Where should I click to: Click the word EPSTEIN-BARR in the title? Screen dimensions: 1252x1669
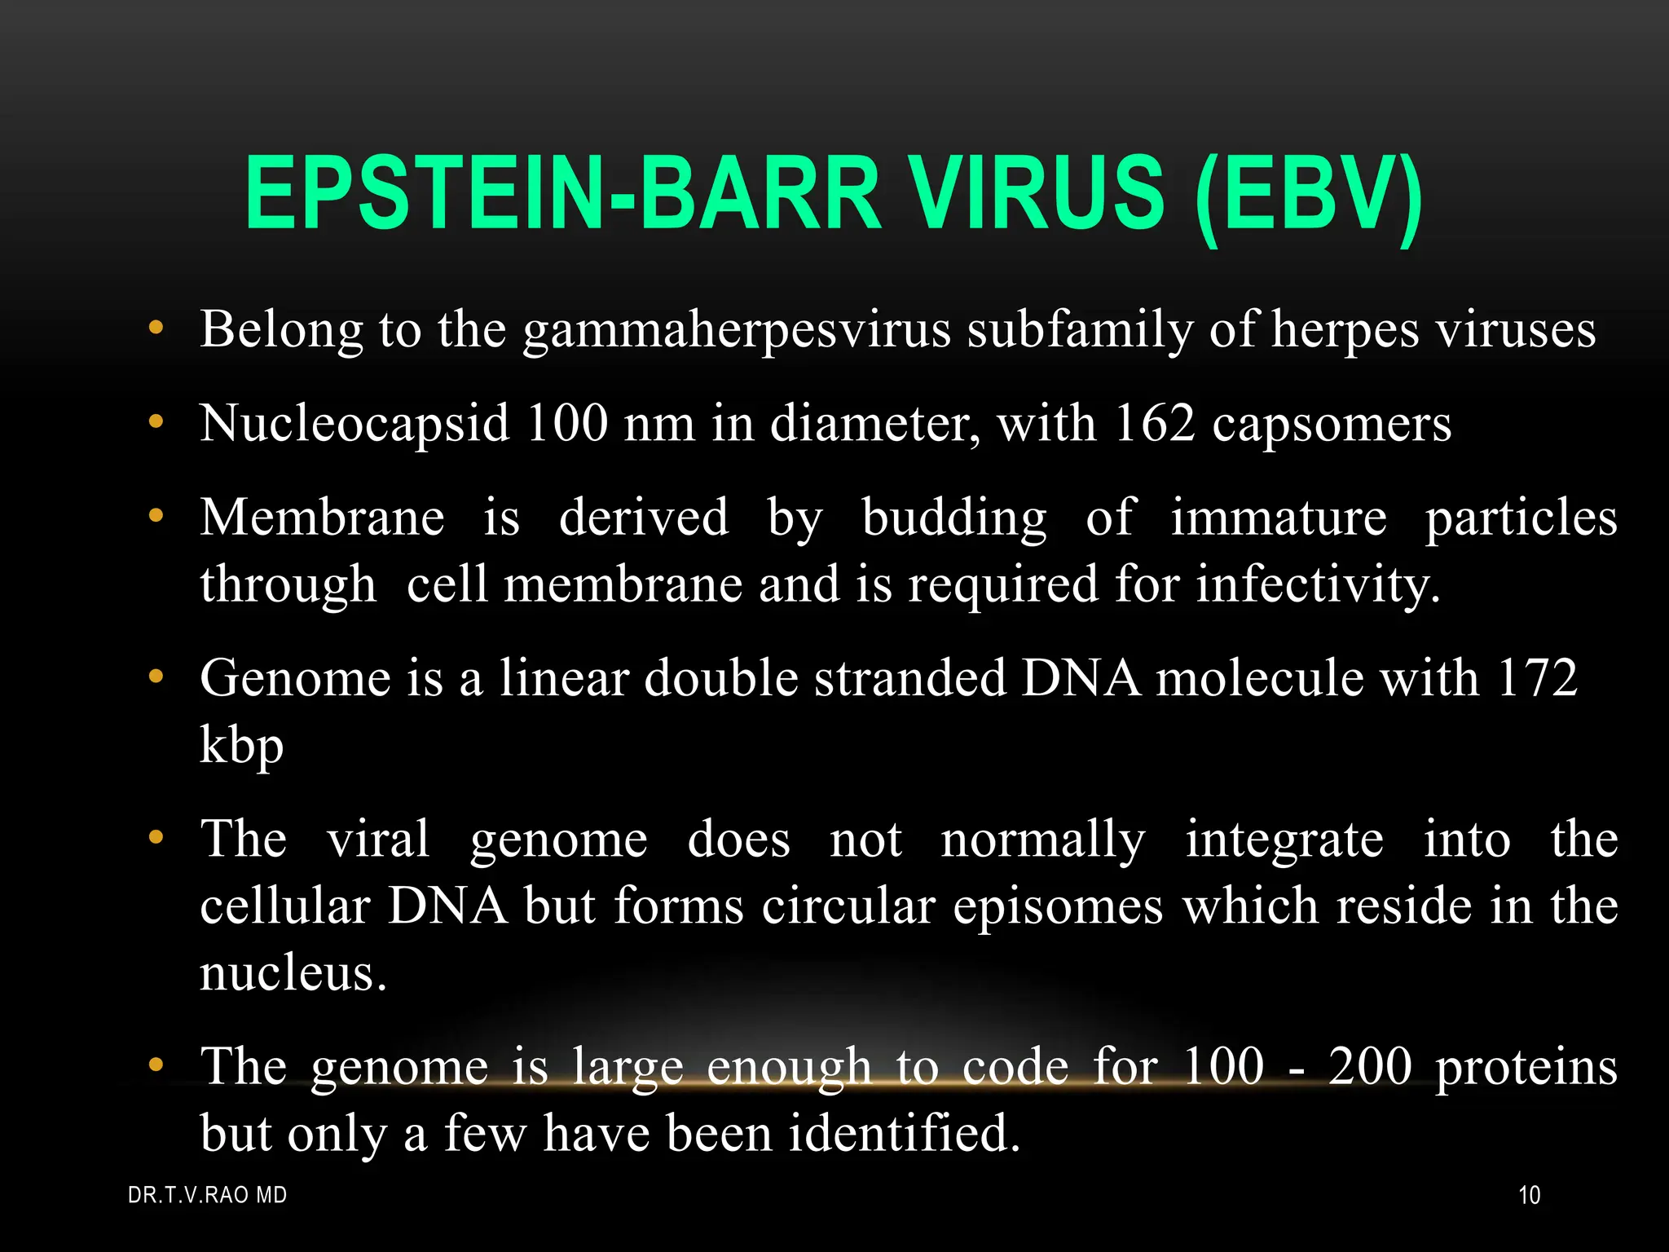562,196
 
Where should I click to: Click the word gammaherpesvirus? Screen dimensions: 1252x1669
737,331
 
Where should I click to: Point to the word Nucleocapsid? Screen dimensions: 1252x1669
354,423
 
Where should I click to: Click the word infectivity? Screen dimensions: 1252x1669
1318,585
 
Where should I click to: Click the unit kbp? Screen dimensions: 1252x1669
242,747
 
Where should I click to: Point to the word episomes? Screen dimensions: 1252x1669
1058,907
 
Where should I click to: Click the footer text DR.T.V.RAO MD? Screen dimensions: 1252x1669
208,1196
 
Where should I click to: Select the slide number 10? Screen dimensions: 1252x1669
1530,1196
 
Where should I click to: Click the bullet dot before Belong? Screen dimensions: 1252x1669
156,329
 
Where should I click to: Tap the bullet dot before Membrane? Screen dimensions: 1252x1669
156,516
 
